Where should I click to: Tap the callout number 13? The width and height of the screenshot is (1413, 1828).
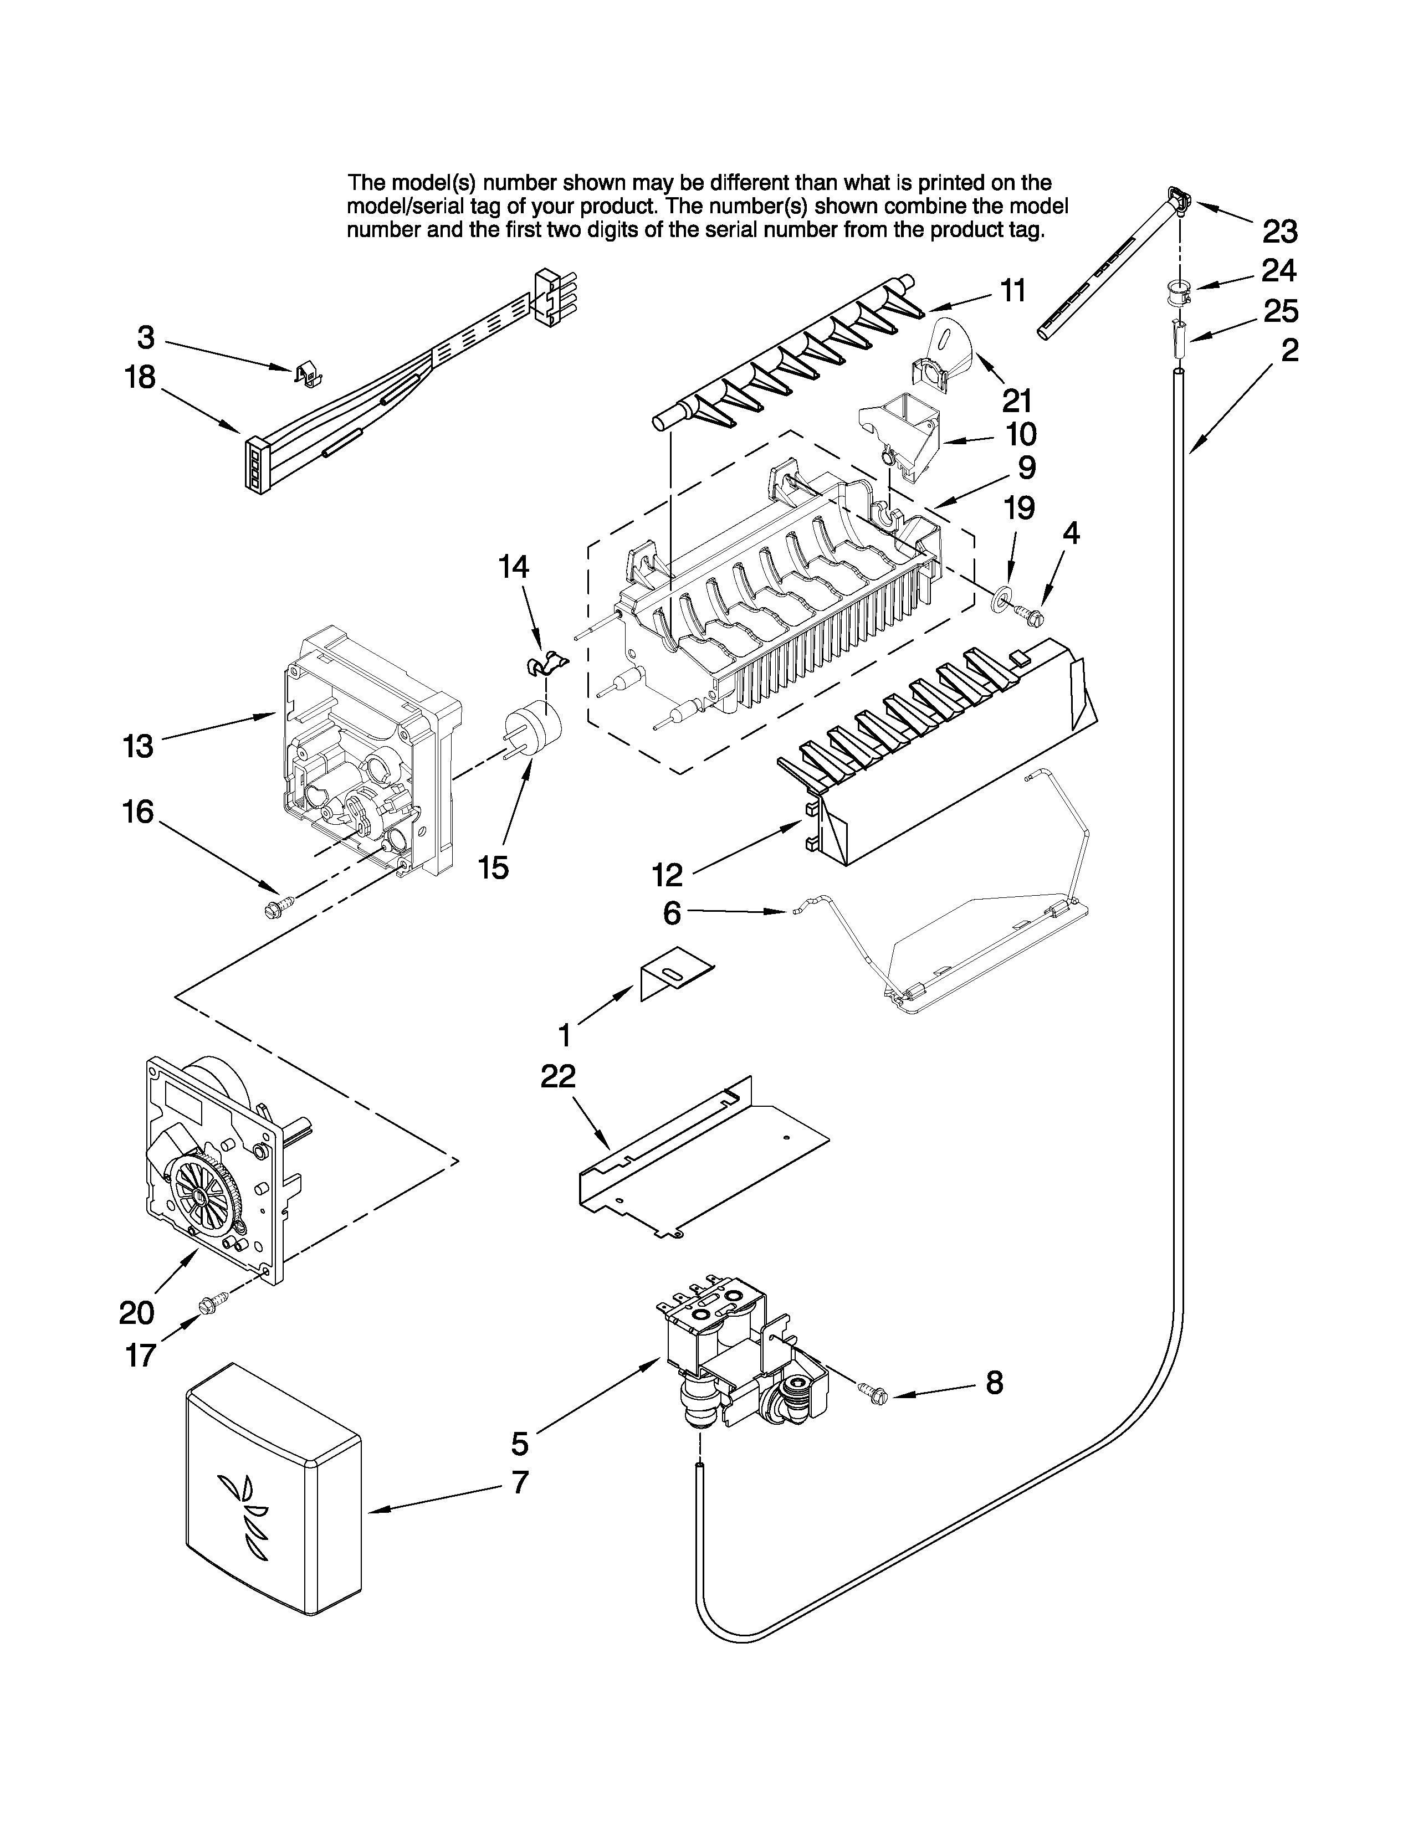pyautogui.click(x=139, y=745)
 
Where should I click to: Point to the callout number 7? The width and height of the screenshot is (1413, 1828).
pyautogui.click(x=520, y=1481)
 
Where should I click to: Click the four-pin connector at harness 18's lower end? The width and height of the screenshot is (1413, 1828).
pyautogui.click(x=254, y=466)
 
